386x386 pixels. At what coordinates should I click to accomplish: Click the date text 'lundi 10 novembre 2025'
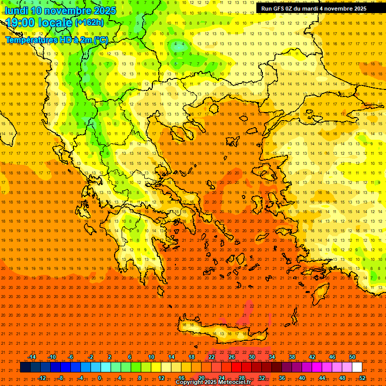pyautogui.click(x=60, y=11)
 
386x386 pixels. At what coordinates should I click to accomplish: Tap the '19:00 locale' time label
pyautogui.click(x=39, y=23)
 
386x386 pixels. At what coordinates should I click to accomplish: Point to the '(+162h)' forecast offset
pyautogui.click(x=89, y=23)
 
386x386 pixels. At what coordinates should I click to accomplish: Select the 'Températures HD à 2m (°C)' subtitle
pyautogui.click(x=57, y=40)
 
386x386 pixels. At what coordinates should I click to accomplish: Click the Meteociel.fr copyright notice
pyautogui.click(x=213, y=382)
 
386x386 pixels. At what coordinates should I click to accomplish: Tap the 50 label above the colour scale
pyautogui.click(x=352, y=357)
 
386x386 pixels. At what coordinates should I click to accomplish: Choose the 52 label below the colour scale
pyautogui.click(x=362, y=377)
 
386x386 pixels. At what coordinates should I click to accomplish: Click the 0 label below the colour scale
pyautogui.click(x=100, y=377)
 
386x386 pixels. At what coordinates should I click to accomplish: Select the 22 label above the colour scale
pyautogui.click(x=212, y=357)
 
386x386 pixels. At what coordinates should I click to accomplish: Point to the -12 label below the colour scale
pyautogui.click(x=42, y=377)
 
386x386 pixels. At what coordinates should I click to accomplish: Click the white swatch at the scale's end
pyautogui.click(x=357, y=367)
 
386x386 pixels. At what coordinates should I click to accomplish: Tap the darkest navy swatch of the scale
pyautogui.click(x=25, y=367)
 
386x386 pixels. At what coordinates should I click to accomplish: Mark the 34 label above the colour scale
pyautogui.click(x=272, y=357)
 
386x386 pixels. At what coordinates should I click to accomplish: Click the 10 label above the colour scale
pyautogui.click(x=151, y=357)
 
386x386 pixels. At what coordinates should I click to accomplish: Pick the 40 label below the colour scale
pyautogui.click(x=302, y=377)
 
